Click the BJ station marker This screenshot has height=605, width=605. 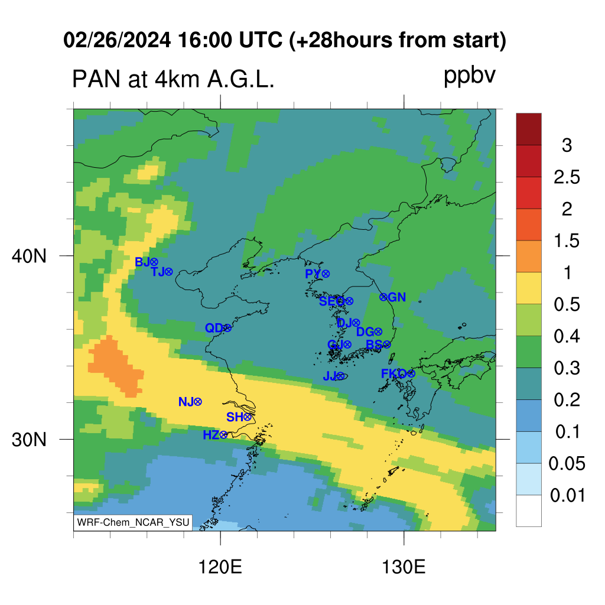tap(154, 262)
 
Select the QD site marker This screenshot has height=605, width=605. tap(227, 328)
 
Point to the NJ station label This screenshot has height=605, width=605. tap(186, 402)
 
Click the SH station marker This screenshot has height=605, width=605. tap(248, 417)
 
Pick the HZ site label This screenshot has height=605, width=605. tap(211, 435)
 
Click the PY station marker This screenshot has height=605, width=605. tap(326, 274)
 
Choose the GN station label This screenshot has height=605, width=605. tap(396, 297)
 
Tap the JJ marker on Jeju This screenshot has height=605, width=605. tap(340, 376)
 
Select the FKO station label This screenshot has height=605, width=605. tap(393, 373)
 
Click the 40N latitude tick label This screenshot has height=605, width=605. tap(29, 256)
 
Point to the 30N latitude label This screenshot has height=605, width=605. tap(29, 440)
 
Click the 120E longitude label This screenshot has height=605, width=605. tap(220, 567)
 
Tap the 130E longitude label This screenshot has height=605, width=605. tap(404, 567)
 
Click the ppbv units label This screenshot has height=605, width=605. tap(470, 76)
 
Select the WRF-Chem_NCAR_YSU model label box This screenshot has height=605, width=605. tap(133, 522)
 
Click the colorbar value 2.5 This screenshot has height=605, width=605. tap(567, 177)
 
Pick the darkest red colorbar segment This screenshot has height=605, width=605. tap(529, 129)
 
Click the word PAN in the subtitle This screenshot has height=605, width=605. tap(96, 80)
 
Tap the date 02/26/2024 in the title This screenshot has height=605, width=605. tap(117, 40)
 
